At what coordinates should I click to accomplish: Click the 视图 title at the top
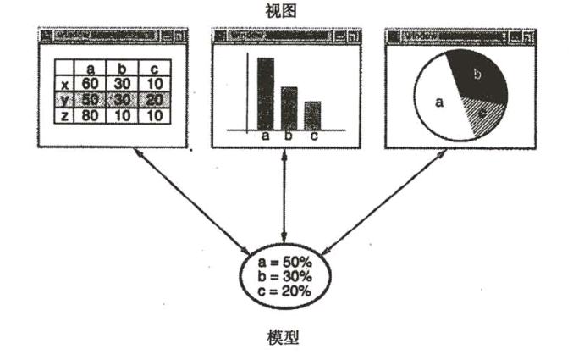pos(285,10)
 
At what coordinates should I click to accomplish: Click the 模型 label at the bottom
pos(285,338)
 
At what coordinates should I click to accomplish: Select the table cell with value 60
pos(91,83)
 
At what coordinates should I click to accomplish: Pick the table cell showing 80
pos(91,115)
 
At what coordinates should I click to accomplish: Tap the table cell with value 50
pos(91,99)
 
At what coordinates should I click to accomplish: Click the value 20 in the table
pos(152,99)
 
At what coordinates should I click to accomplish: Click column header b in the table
pos(122,68)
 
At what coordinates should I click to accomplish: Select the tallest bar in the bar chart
pos(265,93)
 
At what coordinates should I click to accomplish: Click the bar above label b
pos(289,108)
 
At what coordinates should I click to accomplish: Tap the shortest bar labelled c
pos(312,115)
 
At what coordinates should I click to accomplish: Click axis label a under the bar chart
pos(265,136)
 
